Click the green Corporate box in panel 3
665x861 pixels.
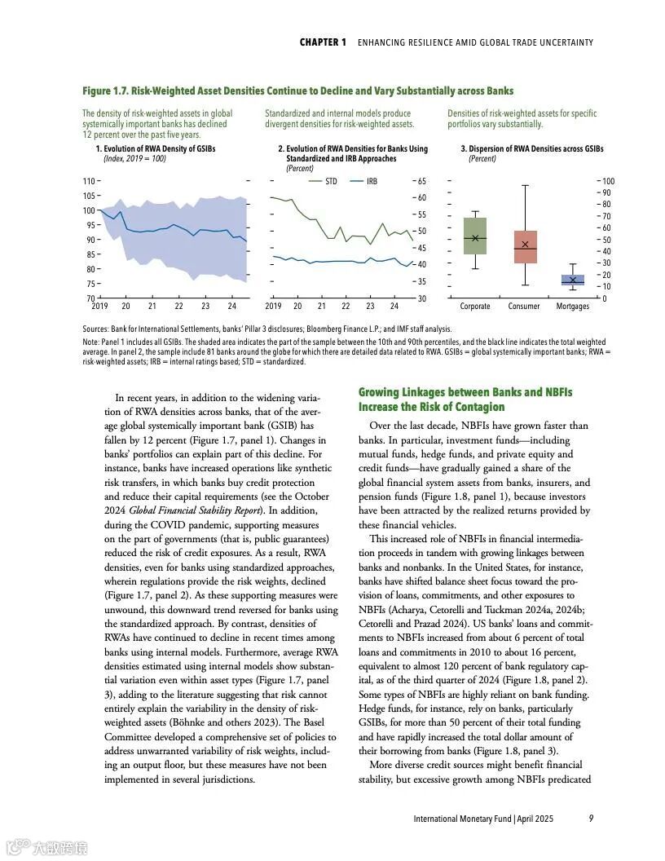[474, 236]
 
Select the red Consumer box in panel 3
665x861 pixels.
[525, 246]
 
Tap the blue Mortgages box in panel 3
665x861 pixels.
[573, 280]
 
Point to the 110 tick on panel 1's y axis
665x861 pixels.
[88, 181]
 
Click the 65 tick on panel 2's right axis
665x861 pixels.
[421, 181]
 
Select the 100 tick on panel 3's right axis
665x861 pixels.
[608, 181]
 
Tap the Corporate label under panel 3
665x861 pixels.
[475, 307]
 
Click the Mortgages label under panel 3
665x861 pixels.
[573, 307]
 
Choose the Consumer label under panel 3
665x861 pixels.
[524, 307]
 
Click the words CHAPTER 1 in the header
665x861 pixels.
[323, 42]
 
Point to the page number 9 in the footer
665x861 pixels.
[591, 818]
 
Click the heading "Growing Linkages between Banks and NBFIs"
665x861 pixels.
[465, 393]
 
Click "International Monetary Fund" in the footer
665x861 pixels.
[462, 818]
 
